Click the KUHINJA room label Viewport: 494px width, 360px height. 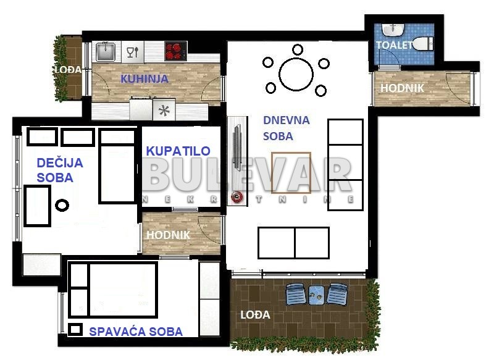point(144,79)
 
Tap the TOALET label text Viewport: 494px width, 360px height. point(394,45)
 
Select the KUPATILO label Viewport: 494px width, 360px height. point(178,151)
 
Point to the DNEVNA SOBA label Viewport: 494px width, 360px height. point(286,128)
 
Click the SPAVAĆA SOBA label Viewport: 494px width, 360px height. point(136,332)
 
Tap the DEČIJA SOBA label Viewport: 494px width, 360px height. point(60,170)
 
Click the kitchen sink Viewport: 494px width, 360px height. point(106,52)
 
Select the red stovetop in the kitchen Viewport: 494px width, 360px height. point(176,51)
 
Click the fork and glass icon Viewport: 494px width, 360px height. point(133,52)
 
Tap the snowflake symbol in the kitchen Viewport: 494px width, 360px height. point(164,111)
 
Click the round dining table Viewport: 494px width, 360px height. point(296,75)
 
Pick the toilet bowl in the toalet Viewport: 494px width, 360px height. point(423,44)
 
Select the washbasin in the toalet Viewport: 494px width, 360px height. point(393,30)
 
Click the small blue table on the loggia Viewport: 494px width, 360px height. point(316,295)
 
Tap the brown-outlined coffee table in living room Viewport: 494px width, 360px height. point(291,173)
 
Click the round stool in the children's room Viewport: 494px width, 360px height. point(62,206)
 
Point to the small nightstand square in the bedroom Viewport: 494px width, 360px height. point(75,330)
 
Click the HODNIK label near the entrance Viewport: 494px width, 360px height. point(403,88)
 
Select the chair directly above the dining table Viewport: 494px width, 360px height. point(298,49)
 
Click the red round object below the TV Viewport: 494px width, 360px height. point(237,197)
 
